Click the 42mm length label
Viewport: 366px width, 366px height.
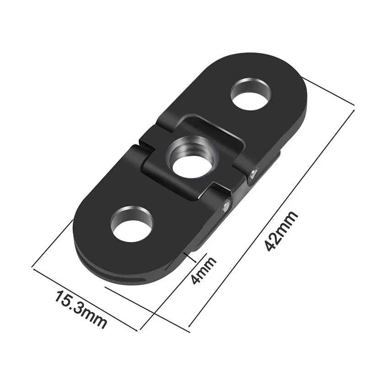point(281,231)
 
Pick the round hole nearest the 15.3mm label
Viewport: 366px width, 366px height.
point(132,224)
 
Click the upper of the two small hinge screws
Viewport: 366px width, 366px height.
point(254,173)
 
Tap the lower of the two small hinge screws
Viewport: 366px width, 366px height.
point(225,207)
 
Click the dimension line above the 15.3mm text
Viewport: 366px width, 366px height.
point(85,298)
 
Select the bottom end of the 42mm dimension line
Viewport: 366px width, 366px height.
point(189,326)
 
